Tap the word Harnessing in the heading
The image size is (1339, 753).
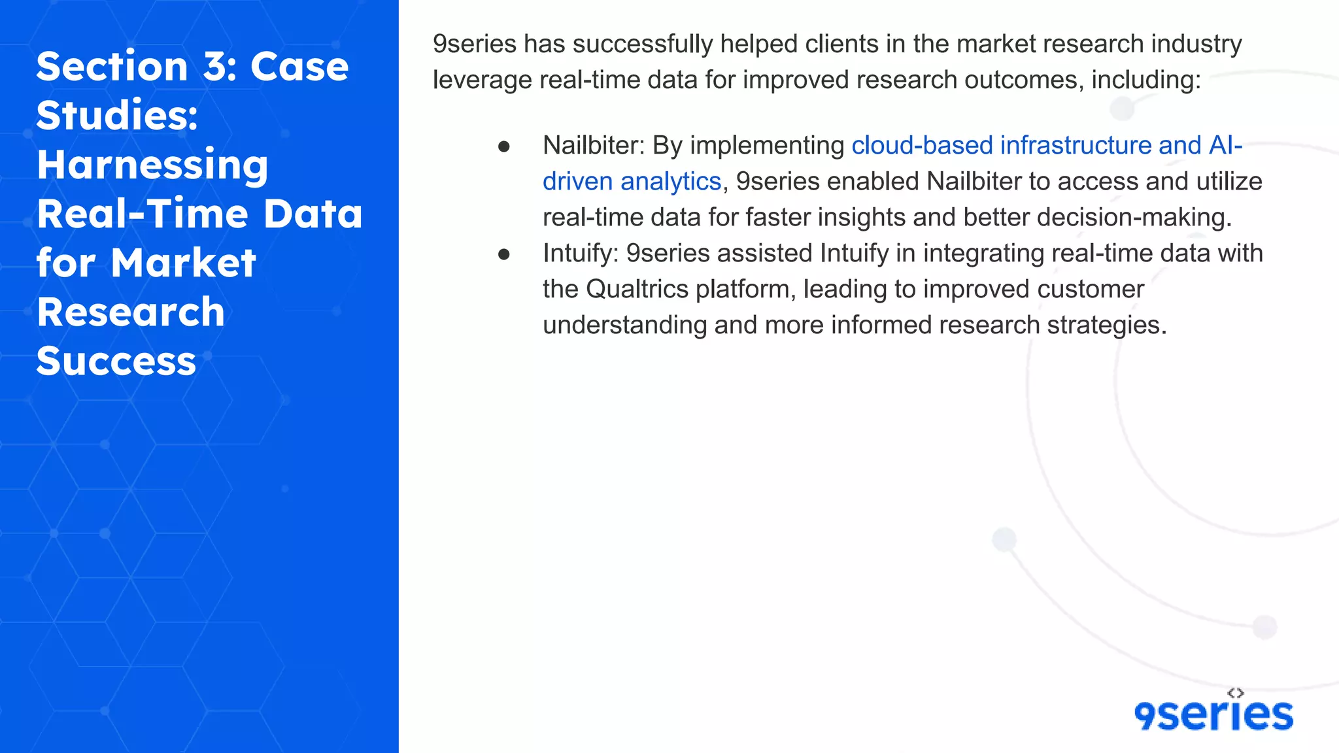pyautogui.click(x=152, y=165)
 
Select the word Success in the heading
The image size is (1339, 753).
pyautogui.click(x=116, y=361)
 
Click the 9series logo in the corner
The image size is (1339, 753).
pyautogui.click(x=1213, y=714)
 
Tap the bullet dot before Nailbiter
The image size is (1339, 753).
pyautogui.click(x=503, y=146)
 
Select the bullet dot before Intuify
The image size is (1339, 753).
pyautogui.click(x=503, y=254)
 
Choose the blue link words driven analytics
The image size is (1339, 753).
pyautogui.click(x=632, y=181)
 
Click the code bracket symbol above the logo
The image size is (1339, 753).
pyautogui.click(x=1235, y=693)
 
